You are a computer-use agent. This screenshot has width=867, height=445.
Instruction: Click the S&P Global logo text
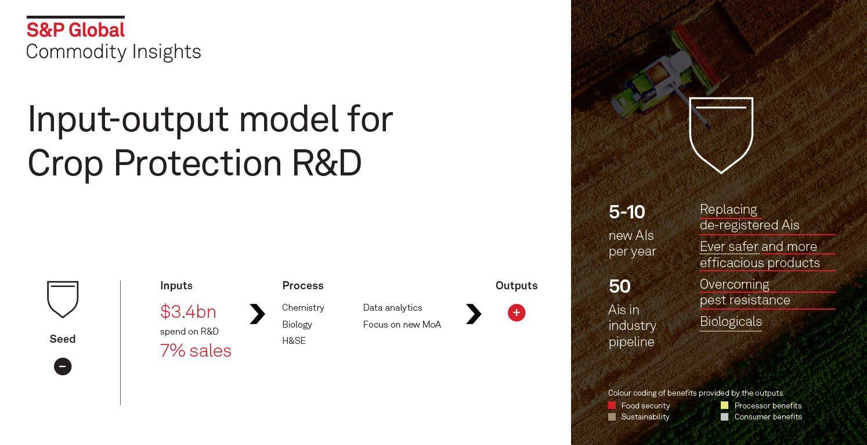(x=75, y=30)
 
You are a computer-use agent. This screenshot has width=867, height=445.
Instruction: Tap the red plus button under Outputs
(x=516, y=313)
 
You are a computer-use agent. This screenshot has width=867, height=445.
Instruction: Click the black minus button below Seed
(x=63, y=367)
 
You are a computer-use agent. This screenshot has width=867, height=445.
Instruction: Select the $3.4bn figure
(x=188, y=311)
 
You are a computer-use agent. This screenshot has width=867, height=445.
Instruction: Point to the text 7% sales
(x=196, y=351)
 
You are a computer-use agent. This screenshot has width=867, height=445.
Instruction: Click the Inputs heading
(x=176, y=286)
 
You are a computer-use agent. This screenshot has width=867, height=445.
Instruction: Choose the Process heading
(x=303, y=286)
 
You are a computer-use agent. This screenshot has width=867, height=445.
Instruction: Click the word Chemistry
(x=303, y=308)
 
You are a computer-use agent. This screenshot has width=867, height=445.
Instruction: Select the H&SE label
(x=294, y=341)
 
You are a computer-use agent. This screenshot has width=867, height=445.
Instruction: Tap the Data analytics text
(x=392, y=308)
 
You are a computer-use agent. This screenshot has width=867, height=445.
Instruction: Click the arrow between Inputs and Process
(x=258, y=314)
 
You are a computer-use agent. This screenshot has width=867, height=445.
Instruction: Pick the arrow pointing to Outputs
(x=474, y=314)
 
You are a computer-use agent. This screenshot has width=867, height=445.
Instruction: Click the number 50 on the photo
(x=620, y=286)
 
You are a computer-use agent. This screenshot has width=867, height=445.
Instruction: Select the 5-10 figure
(x=627, y=212)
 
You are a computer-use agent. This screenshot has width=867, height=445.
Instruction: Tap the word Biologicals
(x=731, y=322)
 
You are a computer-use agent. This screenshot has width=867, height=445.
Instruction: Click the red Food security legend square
(x=612, y=405)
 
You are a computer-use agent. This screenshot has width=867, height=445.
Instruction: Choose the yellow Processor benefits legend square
(x=725, y=405)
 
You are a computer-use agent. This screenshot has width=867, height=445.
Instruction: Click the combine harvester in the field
(x=670, y=74)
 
